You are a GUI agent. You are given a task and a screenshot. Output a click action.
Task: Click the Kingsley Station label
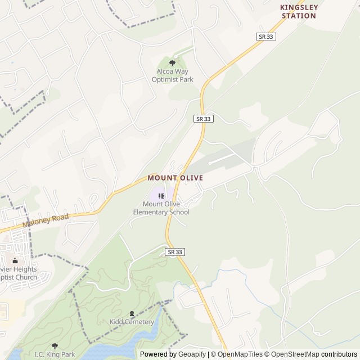coord(299,12)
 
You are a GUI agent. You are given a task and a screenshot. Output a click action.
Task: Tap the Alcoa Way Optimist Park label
coord(172,75)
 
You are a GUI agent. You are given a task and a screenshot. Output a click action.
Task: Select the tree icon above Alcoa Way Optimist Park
coord(172,63)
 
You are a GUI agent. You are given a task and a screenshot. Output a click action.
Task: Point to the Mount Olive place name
coord(175,178)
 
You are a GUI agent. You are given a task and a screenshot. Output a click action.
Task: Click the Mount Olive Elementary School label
coord(161,208)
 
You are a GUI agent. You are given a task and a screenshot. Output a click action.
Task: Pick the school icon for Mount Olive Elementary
coord(161,196)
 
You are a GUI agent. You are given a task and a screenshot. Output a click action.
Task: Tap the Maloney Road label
coord(46,220)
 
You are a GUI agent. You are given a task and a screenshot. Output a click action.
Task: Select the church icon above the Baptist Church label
coord(15,260)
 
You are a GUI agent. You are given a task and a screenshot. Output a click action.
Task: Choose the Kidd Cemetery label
coord(132,322)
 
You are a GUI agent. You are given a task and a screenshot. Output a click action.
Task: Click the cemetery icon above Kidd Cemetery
coord(132,313)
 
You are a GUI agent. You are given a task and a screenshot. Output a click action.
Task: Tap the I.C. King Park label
coord(55,354)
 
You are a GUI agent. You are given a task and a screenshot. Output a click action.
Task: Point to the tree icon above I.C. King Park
coord(55,346)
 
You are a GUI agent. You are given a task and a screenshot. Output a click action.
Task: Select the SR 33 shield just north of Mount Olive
coord(204,119)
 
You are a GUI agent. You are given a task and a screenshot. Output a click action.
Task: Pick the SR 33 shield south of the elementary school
coord(175,251)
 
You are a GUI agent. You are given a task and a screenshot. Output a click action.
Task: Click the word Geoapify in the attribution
coord(192,354)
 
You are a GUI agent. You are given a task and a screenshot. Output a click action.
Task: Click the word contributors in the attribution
coord(339,354)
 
